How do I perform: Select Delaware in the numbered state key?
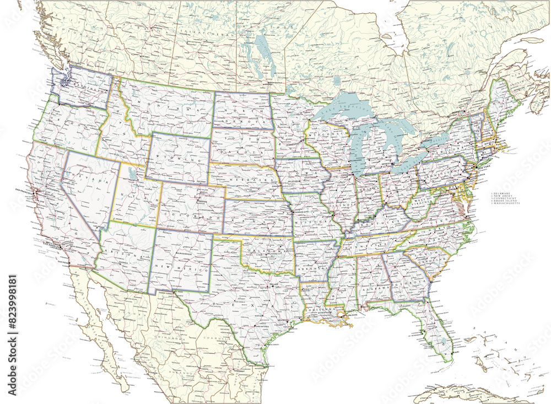click(x=503, y=193)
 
